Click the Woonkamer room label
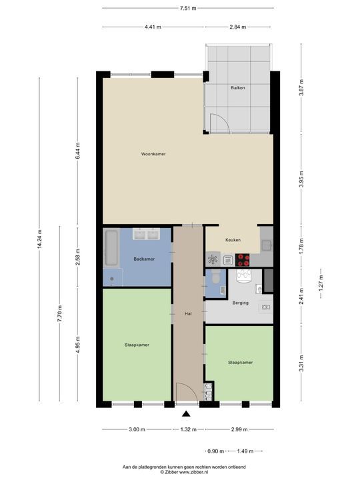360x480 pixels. point(153,154)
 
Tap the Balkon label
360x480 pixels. point(238,88)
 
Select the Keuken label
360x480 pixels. point(233,240)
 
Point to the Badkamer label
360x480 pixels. point(144,259)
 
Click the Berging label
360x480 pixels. point(241,303)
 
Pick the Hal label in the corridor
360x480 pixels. point(188,313)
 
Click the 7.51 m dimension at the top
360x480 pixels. point(188,8)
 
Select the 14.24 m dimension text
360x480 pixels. point(39,239)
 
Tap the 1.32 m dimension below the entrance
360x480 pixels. point(188,429)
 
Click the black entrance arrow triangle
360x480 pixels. point(186,414)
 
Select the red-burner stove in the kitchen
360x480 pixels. point(243,260)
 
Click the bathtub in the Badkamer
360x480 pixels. point(111,247)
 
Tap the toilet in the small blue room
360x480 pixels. point(215,277)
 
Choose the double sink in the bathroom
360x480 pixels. point(146,234)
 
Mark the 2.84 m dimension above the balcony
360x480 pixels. point(238,27)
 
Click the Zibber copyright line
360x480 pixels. point(184,473)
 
